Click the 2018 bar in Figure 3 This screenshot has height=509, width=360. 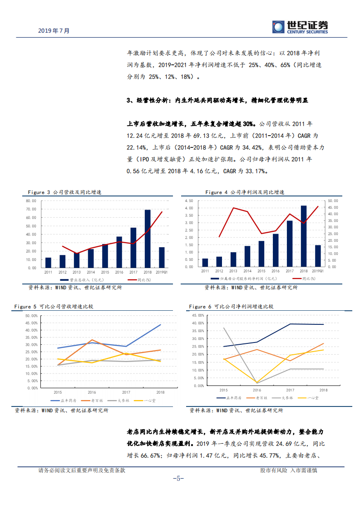tap(148, 239)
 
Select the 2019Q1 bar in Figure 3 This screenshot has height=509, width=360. tap(162, 257)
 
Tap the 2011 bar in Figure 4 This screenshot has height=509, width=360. tap(205, 263)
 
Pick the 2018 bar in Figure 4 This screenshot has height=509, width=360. tap(303, 236)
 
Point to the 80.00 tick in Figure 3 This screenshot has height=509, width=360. tap(31, 201)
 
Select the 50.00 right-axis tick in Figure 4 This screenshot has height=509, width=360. tap(333, 201)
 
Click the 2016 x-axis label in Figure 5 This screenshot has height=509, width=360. tap(93, 392)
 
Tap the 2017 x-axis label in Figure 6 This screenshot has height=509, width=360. tap(290, 390)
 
